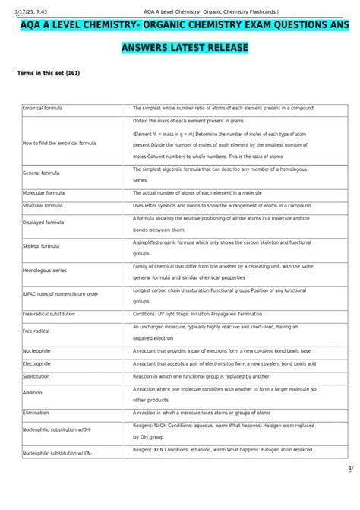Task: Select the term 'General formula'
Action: click(x=41, y=173)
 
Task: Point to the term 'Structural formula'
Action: click(x=43, y=205)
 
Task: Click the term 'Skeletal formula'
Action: click(x=41, y=246)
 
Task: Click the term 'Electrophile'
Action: click(x=37, y=363)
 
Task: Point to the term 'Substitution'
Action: click(x=36, y=375)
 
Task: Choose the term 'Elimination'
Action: click(x=36, y=413)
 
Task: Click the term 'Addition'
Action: click(x=33, y=393)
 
